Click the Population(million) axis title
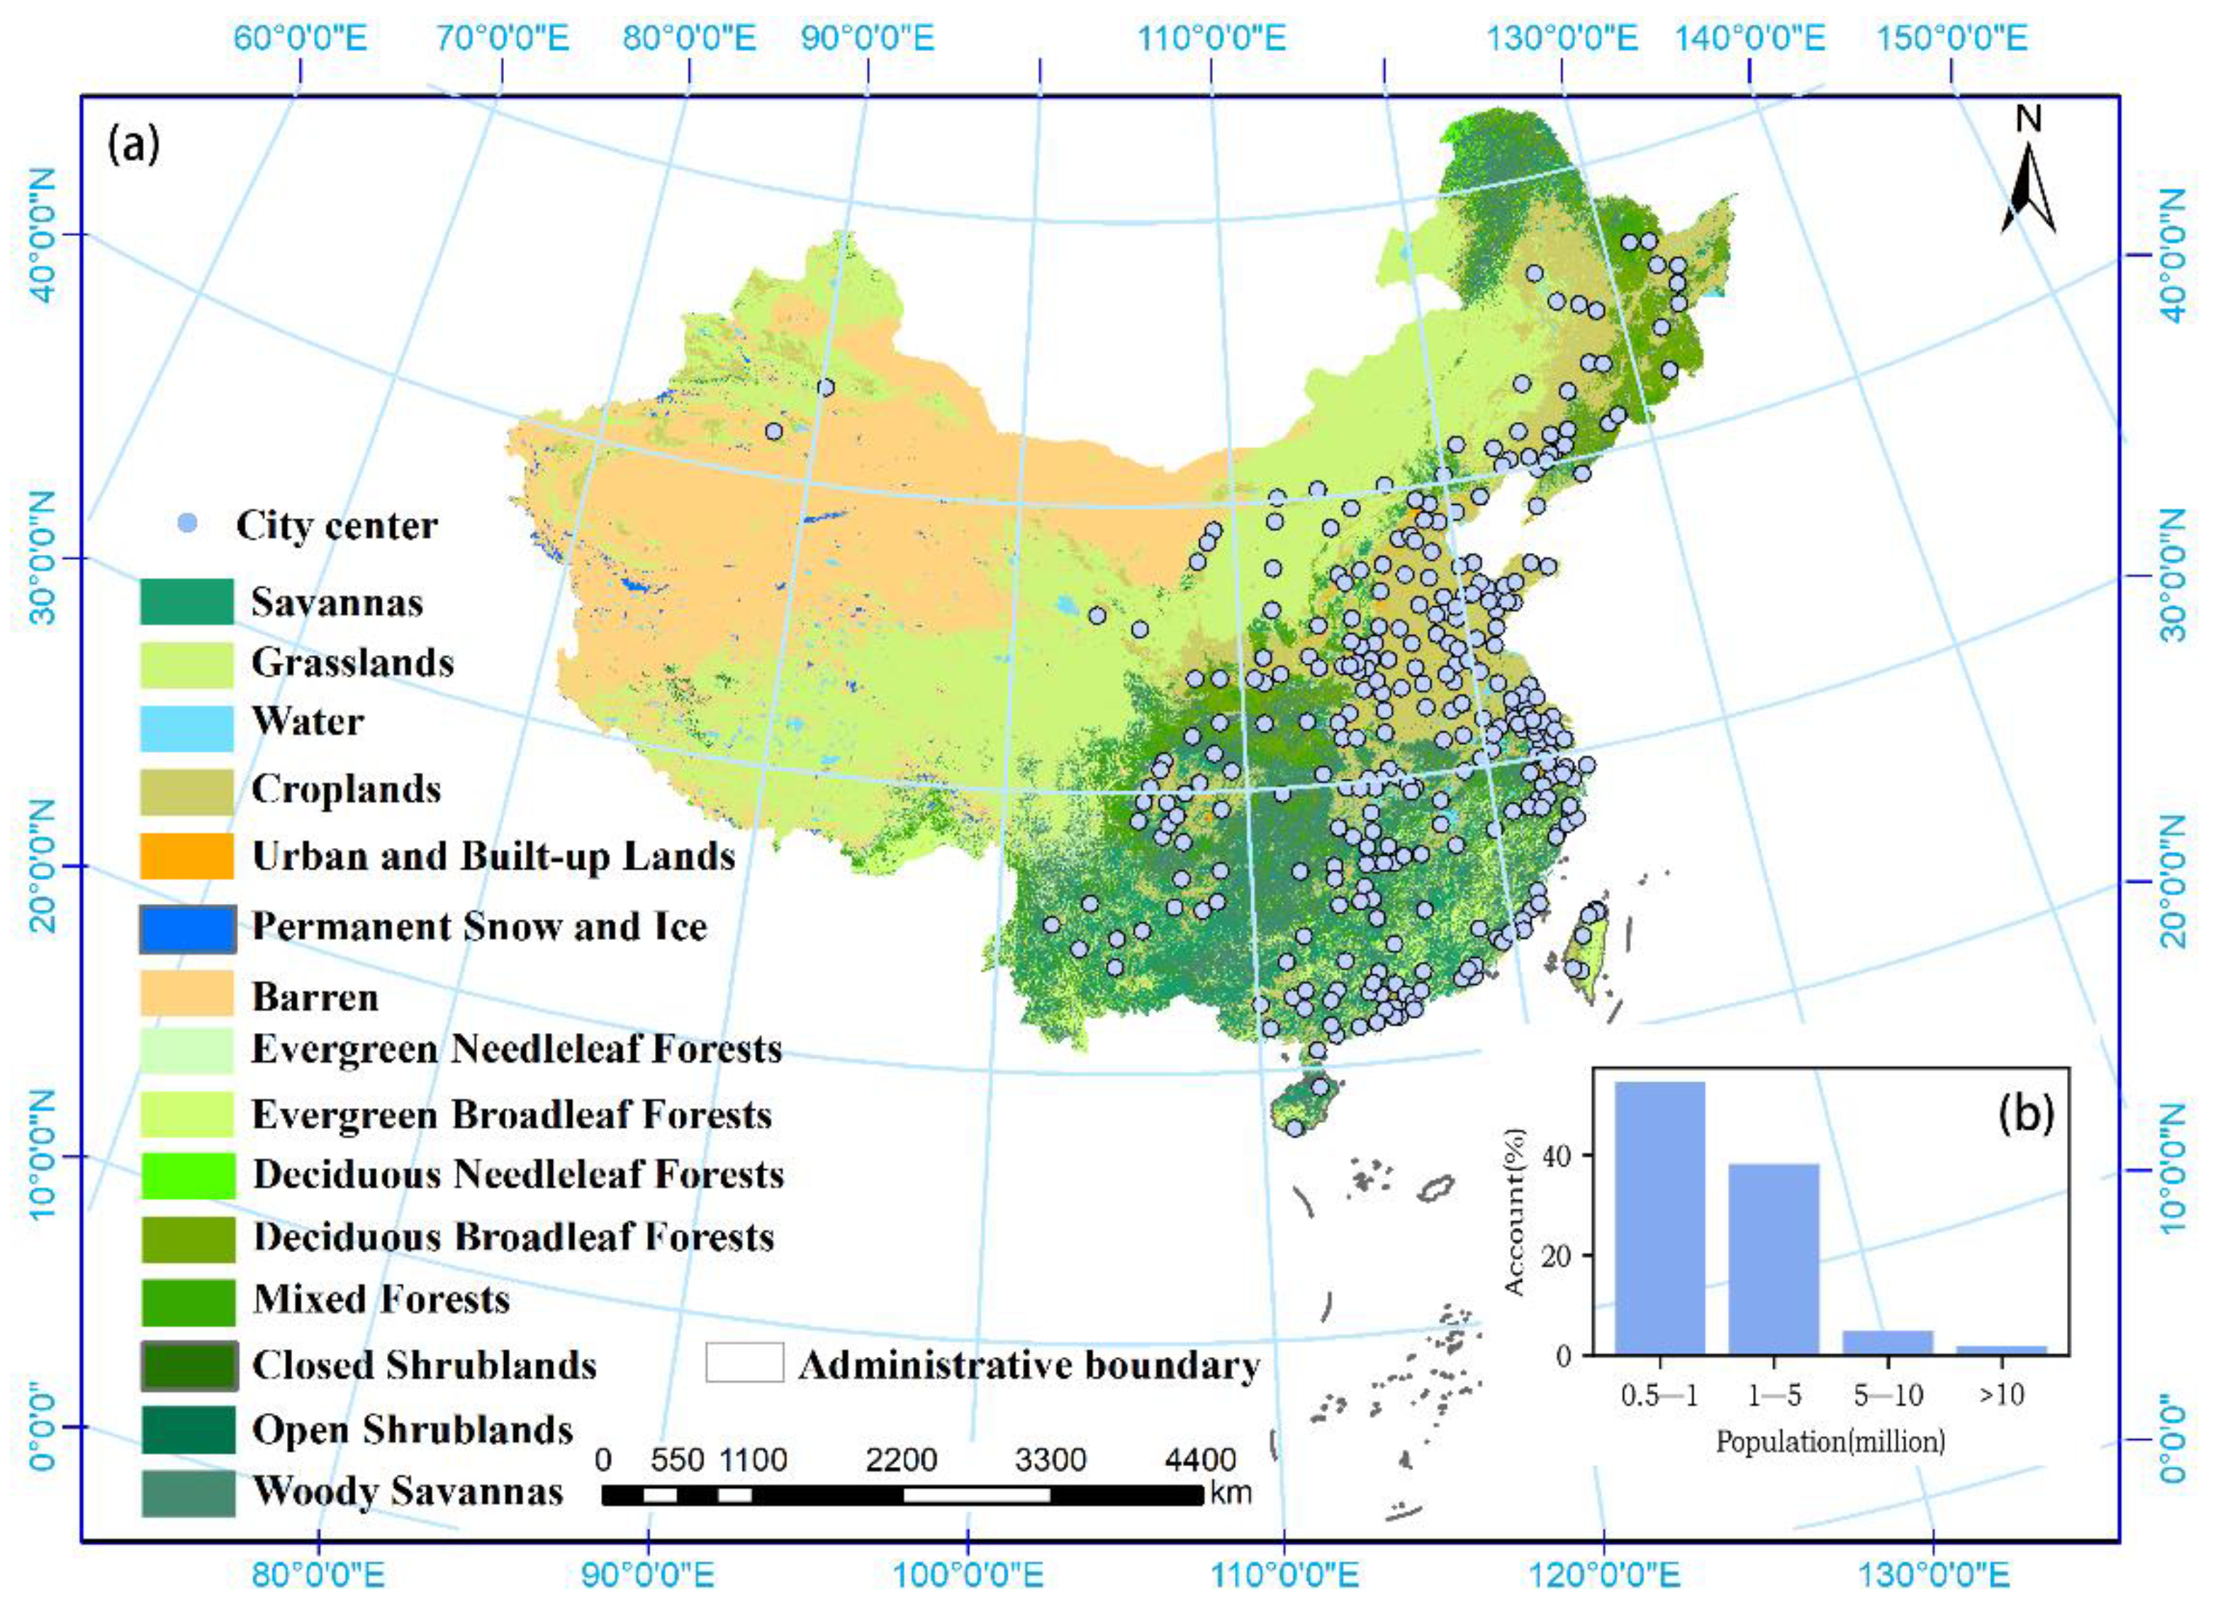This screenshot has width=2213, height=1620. coord(1830,1441)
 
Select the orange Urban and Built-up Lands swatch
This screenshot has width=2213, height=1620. coord(187,856)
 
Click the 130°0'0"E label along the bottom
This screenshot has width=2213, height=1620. coord(1932,1577)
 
